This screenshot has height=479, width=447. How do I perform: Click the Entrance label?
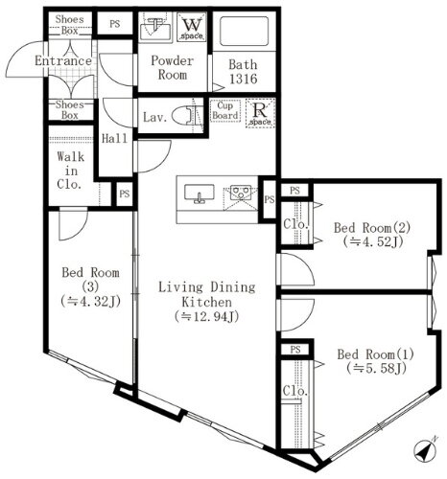[x=62, y=61]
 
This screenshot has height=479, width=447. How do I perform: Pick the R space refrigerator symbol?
[x=258, y=112]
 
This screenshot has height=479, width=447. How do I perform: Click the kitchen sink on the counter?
[x=199, y=194]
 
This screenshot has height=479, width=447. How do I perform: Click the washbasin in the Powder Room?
[x=153, y=29]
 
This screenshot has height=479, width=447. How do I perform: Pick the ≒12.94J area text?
[x=205, y=316]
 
